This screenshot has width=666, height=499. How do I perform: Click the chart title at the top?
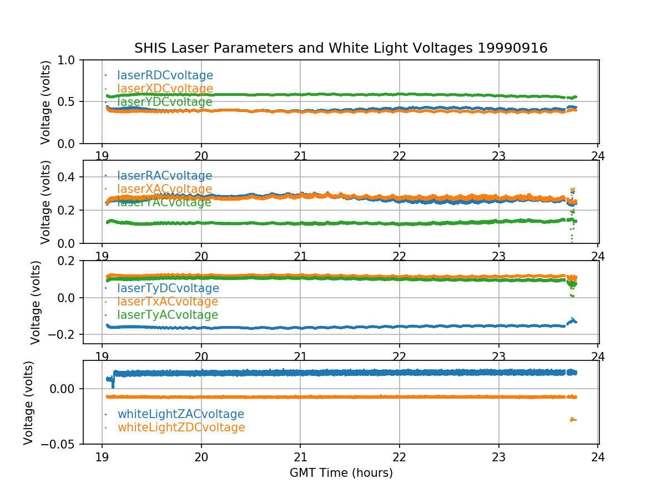pyautogui.click(x=341, y=48)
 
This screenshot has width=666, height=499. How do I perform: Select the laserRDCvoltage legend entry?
pyautogui.click(x=165, y=75)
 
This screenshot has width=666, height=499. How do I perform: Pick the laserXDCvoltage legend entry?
pyautogui.click(x=165, y=89)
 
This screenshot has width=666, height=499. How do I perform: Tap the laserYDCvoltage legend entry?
pyautogui.click(x=164, y=102)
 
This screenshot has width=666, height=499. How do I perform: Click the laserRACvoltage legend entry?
pyautogui.click(x=164, y=176)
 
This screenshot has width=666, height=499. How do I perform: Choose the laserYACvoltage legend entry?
pyautogui.click(x=164, y=202)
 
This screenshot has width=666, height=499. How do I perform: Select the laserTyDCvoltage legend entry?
pyautogui.click(x=168, y=288)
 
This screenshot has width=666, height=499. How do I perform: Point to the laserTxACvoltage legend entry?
pyautogui.click(x=168, y=302)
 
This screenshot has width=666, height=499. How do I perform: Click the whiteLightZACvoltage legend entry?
pyautogui.click(x=180, y=414)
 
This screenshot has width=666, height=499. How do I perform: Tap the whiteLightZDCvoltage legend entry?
pyautogui.click(x=181, y=427)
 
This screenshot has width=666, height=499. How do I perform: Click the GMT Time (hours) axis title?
pyautogui.click(x=341, y=473)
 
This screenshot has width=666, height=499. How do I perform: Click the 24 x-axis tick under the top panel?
pyautogui.click(x=598, y=155)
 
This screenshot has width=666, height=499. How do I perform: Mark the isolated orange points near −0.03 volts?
pyautogui.click(x=573, y=420)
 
